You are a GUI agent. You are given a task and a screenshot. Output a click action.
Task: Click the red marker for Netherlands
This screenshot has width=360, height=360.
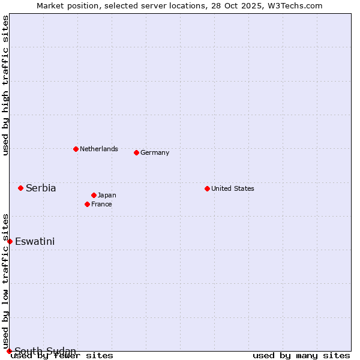pos(76,149)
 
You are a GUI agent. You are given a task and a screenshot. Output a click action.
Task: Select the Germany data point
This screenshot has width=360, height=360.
pos(136,152)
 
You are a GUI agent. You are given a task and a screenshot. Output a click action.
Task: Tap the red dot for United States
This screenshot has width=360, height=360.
pos(207,188)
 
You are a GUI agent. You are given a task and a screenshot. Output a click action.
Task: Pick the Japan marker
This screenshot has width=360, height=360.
pos(94,195)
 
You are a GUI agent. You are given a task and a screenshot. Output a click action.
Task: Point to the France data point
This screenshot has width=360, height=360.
pos(87,204)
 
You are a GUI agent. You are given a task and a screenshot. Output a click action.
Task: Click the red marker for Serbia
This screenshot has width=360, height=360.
pos(20,188)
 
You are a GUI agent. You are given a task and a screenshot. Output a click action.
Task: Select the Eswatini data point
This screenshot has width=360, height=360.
pos(10,241)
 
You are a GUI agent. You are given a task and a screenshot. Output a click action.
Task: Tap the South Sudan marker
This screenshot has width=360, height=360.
pos(9,351)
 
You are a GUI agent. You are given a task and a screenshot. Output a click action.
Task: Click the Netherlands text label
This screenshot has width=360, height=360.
pos(99,149)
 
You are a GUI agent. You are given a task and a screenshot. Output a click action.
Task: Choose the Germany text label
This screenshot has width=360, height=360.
pos(155,152)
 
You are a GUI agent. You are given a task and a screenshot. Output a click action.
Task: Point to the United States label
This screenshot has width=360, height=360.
pos(233,188)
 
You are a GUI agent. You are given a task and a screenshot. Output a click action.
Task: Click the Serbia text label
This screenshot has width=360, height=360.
pos(41,188)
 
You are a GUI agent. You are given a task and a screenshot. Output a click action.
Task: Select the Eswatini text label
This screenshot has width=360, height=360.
pos(35,242)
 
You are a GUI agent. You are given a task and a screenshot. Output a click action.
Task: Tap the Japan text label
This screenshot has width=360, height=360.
pos(107,195)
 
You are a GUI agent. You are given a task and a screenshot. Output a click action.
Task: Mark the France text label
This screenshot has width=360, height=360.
pos(101,204)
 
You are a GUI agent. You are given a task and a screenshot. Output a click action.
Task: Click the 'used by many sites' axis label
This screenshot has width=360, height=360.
pos(301,356)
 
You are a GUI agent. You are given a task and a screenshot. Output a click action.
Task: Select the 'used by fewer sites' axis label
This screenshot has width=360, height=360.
pos(62,356)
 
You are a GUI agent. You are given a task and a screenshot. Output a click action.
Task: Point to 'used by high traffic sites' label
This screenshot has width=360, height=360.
pos(5,86)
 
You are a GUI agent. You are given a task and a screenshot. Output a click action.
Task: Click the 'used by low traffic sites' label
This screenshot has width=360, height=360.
pos(5,281)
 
